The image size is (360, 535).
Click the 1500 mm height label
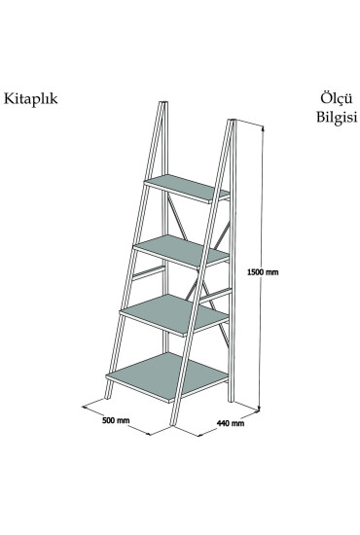pos(263,272)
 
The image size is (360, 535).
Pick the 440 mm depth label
pos(231,424)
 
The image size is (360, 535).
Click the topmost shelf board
pos(186,186)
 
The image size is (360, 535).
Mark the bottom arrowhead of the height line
pos(260,408)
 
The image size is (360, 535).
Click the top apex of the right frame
pos(233,120)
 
